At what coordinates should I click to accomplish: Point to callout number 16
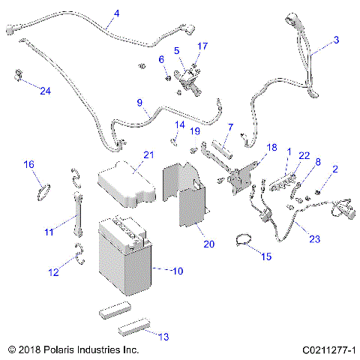pos(29,164)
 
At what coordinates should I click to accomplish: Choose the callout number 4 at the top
pos(116,13)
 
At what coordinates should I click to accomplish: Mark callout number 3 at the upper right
pos(336,39)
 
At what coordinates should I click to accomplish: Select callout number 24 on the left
pos(45,91)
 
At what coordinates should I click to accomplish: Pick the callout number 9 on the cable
pos(139,103)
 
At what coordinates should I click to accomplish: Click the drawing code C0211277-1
pos(328,350)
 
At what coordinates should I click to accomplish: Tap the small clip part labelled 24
pos(16,75)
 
